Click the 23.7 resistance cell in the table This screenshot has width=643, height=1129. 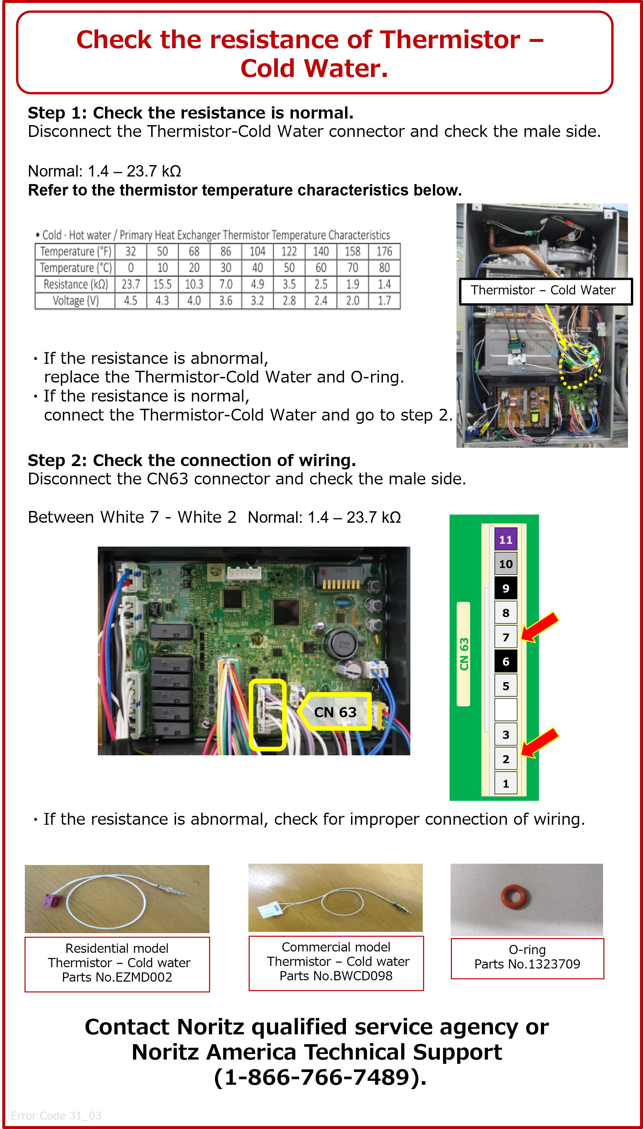(x=131, y=284)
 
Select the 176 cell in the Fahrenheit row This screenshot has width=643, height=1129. (x=384, y=252)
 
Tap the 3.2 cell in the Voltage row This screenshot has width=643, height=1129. (x=258, y=301)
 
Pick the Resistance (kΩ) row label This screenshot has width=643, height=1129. (x=76, y=284)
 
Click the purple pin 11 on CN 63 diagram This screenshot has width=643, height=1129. (x=506, y=539)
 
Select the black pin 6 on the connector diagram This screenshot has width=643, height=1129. (x=506, y=661)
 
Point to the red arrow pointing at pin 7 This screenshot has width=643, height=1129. (x=540, y=627)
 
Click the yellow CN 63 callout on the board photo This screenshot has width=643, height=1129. (x=334, y=712)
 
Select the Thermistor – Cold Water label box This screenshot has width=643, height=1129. (x=546, y=291)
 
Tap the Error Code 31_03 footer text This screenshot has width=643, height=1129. (x=56, y=1116)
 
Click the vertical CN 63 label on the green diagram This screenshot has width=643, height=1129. (x=464, y=654)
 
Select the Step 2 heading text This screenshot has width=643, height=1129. (x=192, y=460)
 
